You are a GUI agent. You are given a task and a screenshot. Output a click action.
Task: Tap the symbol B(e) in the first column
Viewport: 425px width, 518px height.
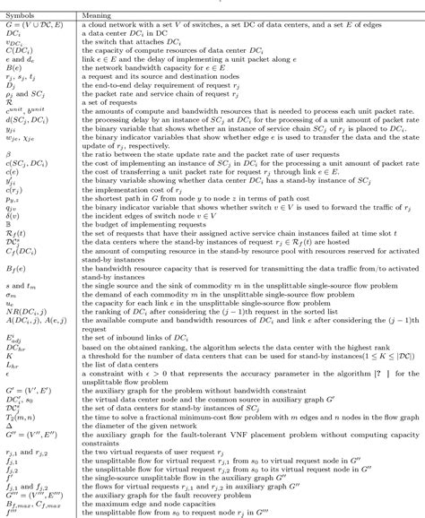pos(14,67)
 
